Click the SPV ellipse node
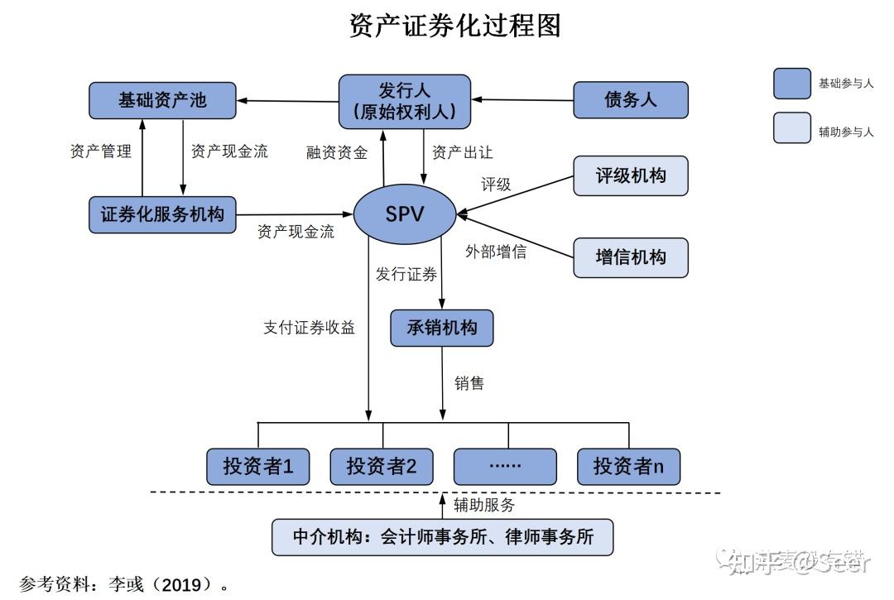[x=405, y=214]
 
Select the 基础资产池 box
[x=162, y=101]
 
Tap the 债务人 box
[x=631, y=100]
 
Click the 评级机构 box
[x=631, y=175]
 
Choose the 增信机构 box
[x=631, y=257]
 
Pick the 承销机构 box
[x=442, y=328]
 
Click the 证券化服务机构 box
[x=162, y=214]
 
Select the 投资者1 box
[x=258, y=467]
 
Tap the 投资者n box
[x=628, y=467]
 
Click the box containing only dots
[x=505, y=467]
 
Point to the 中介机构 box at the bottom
[x=444, y=536]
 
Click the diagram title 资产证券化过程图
[x=454, y=26]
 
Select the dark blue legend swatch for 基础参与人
[x=791, y=84]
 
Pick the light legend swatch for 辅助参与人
[x=791, y=128]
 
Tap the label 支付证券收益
[x=309, y=328]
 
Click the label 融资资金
[x=337, y=153]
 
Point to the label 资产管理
[x=101, y=151]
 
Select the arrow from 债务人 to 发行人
[x=521, y=100]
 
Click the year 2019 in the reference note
[x=182, y=585]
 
